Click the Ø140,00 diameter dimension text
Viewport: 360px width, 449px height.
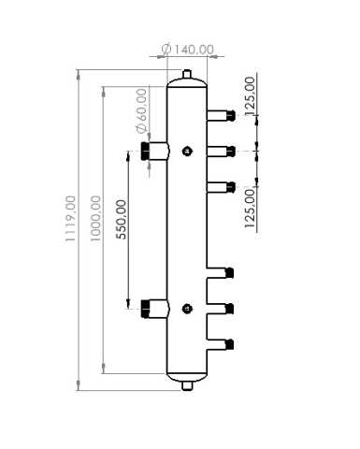(187, 50)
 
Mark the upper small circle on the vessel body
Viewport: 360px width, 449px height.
(188, 150)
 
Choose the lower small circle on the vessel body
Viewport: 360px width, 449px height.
(188, 306)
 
